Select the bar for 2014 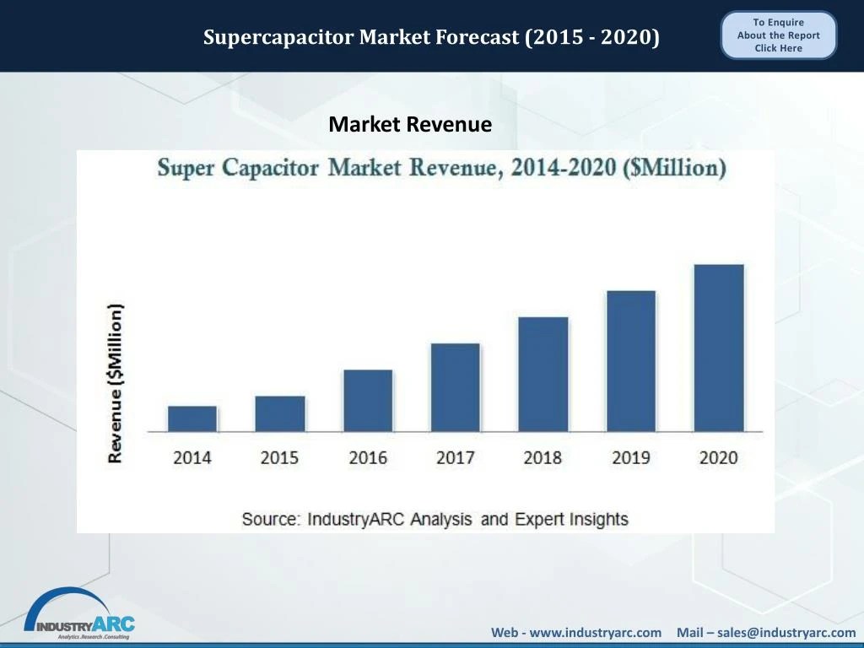pos(192,418)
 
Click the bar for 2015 pos(280,413)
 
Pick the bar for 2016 pos(368,401)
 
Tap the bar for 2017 pos(455,387)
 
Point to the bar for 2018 pos(543,374)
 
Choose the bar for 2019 pos(630,361)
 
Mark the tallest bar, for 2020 pos(719,348)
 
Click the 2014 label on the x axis pos(192,457)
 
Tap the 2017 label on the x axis pos(455,457)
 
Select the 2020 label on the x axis pos(719,457)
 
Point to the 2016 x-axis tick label pos(368,457)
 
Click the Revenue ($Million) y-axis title pos(116,382)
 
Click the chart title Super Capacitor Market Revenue pos(441,167)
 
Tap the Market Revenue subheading pos(410,125)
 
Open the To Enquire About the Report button pos(778,35)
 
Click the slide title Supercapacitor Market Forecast pos(431,37)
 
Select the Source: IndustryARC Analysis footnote pos(435,519)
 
